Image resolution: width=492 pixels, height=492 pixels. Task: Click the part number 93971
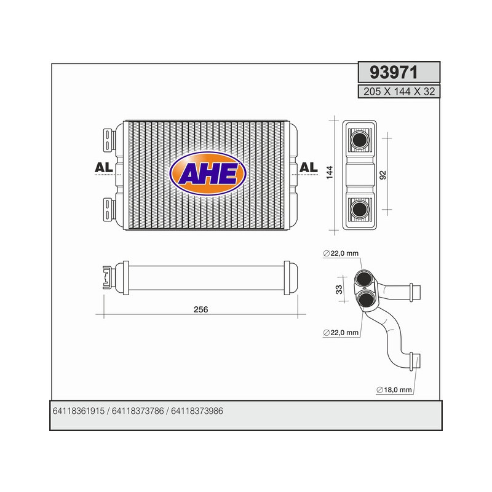tap(394, 73)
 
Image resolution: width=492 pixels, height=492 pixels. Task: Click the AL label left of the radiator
tap(103, 168)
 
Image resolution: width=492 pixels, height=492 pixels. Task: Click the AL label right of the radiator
tap(308, 168)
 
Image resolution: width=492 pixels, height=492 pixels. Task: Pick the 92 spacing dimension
tap(383, 175)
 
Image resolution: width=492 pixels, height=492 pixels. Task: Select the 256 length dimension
tap(201, 309)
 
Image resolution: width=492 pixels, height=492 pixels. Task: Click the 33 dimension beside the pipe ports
tap(338, 289)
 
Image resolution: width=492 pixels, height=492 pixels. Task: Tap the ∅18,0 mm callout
tap(394, 390)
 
